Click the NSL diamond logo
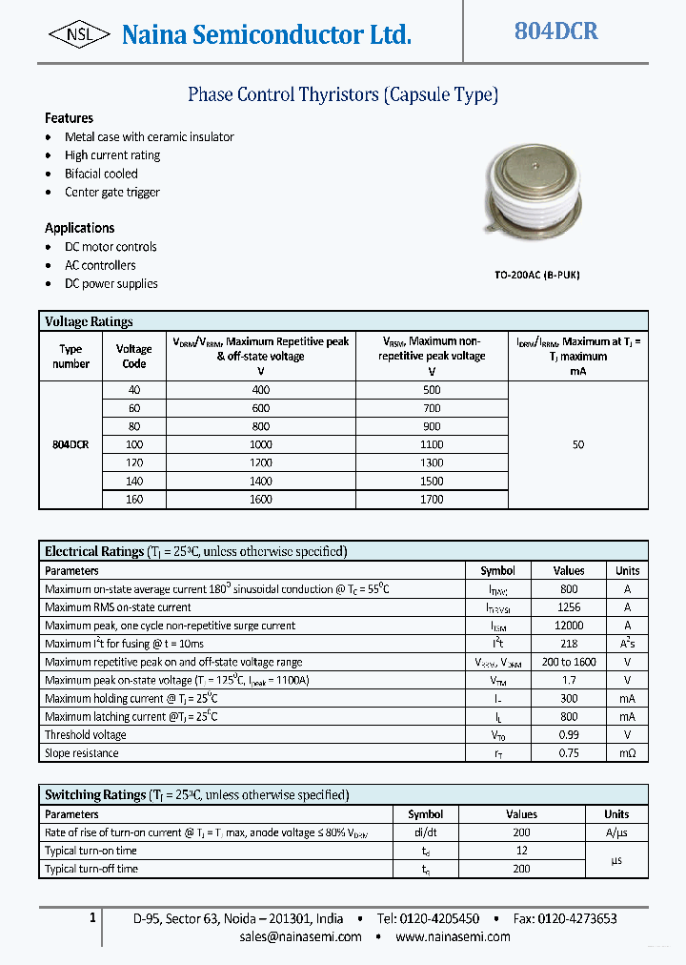tap(79, 34)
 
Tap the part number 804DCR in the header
tap(555, 31)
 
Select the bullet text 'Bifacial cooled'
tap(101, 174)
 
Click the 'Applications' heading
tap(79, 228)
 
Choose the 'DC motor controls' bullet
tap(111, 247)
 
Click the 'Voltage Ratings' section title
tap(89, 321)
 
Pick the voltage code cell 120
tap(133, 462)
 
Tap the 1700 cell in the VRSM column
tap(432, 499)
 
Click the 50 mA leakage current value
tap(577, 444)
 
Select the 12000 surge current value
tap(569, 626)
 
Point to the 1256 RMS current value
tap(569, 607)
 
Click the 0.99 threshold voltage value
tap(569, 735)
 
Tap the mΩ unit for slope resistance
tap(627, 753)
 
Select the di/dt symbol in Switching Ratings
tap(425, 832)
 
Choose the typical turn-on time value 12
tap(521, 851)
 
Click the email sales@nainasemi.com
tap(300, 936)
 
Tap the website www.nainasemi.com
tap(453, 936)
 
